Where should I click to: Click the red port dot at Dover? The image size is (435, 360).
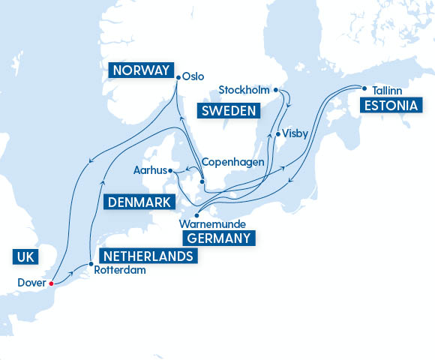pos(51,283)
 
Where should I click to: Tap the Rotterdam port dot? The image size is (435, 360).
pos(91,264)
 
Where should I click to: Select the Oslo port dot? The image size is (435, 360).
pos(178,76)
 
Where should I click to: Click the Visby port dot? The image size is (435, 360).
pos(278,134)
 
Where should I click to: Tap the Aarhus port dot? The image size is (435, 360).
pos(171,171)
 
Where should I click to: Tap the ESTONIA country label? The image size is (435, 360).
pos(388,105)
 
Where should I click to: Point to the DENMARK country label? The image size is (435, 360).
pos(139,202)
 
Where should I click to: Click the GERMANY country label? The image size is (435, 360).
pos(218,238)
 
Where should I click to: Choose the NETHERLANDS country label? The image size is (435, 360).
pos(148,256)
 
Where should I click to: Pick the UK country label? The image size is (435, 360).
pos(24,257)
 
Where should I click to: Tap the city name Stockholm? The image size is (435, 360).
pos(244,90)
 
